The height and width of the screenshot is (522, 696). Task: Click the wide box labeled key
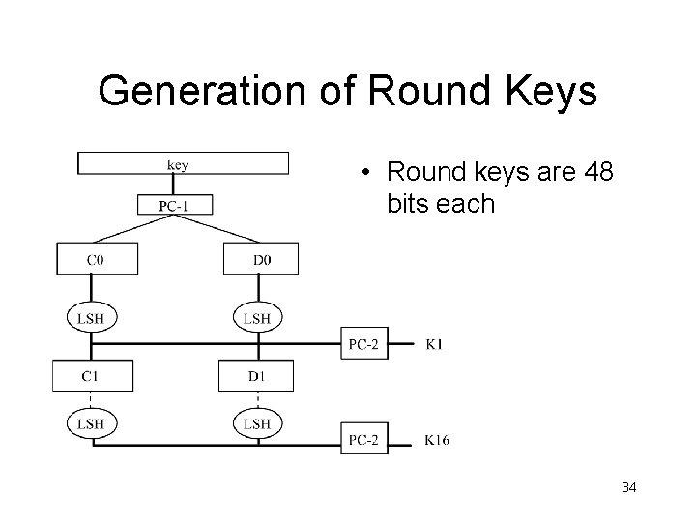pyautogui.click(x=184, y=163)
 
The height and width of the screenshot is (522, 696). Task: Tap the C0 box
pyautogui.click(x=96, y=259)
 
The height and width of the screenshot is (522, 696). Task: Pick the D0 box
pyautogui.click(x=261, y=259)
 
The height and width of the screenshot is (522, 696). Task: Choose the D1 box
pyautogui.click(x=256, y=375)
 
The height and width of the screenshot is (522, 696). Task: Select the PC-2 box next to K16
pyautogui.click(x=364, y=440)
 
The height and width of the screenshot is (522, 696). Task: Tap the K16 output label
pyautogui.click(x=437, y=441)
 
